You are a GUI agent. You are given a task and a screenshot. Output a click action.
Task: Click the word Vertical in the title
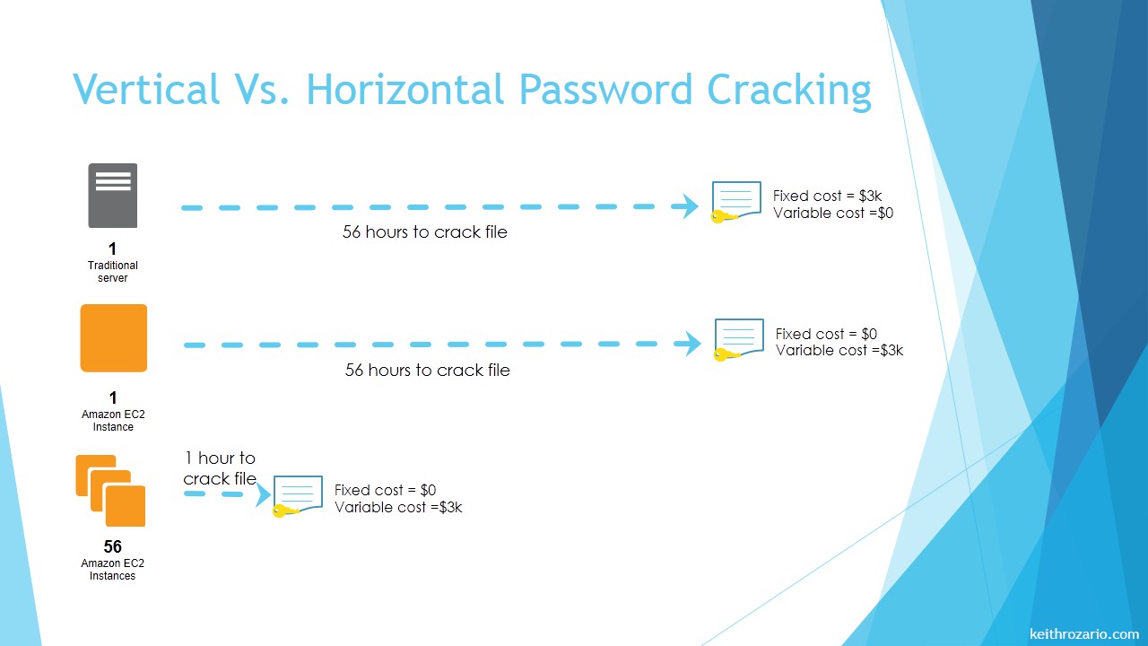(x=146, y=89)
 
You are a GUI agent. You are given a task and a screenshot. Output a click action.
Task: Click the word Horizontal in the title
(x=405, y=89)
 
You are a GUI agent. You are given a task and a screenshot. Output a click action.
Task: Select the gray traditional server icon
(x=113, y=196)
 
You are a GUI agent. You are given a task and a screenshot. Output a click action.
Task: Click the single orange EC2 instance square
(x=114, y=338)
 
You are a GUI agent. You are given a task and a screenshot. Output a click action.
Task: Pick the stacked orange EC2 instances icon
(x=110, y=491)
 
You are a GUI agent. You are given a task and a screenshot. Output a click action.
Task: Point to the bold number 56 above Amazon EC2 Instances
(x=113, y=546)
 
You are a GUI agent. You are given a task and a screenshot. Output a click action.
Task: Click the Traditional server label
(x=113, y=272)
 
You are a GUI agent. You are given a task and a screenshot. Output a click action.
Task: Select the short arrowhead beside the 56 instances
(x=264, y=494)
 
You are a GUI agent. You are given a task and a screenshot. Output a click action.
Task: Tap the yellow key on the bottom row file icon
(x=285, y=511)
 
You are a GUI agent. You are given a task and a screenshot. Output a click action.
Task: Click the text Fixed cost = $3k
(x=827, y=196)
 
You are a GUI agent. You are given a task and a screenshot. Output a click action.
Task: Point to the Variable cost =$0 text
(x=833, y=213)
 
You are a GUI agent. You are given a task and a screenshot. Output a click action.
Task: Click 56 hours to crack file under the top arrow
(x=425, y=231)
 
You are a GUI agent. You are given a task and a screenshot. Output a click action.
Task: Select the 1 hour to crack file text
(x=220, y=468)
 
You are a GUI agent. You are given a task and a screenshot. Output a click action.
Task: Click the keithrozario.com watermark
(x=1084, y=633)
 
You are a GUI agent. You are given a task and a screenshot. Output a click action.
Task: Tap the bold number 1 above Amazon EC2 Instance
(x=113, y=397)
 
